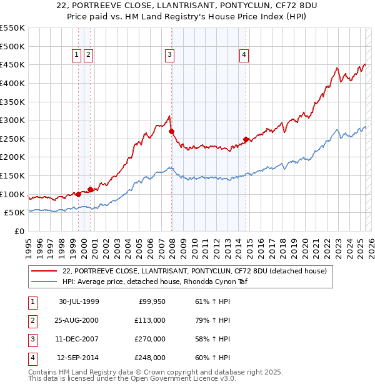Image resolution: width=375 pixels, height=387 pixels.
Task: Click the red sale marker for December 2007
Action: (x=171, y=132)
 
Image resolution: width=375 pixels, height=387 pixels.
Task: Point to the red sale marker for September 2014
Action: (x=246, y=139)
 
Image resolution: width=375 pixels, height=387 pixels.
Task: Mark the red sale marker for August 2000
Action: (x=91, y=189)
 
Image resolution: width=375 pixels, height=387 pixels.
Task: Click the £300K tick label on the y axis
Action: (x=12, y=120)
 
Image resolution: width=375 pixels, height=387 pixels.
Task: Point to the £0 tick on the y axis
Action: (x=19, y=231)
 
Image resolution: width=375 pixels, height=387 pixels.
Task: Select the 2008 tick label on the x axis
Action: (x=172, y=246)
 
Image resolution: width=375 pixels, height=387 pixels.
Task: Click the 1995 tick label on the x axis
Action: (x=29, y=246)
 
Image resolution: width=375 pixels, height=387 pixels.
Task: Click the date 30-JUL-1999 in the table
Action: (x=79, y=301)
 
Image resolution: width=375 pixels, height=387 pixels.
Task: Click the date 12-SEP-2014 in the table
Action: (x=79, y=358)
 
